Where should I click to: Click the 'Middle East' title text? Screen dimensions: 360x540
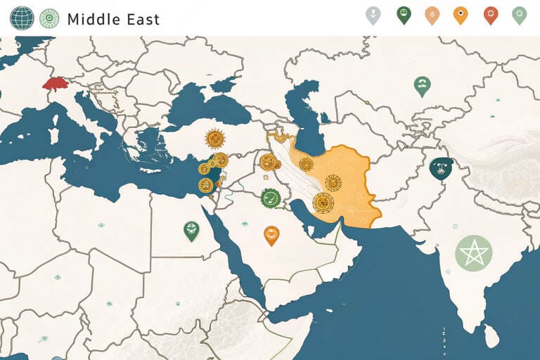tap(113, 19)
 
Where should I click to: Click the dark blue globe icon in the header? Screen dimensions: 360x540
tap(22, 18)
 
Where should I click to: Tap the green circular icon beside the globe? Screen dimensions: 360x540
tap(49, 18)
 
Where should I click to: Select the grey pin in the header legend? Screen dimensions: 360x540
tap(373, 14)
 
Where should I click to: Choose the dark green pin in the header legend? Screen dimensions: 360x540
tap(404, 14)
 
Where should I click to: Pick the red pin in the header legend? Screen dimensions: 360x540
tap(491, 14)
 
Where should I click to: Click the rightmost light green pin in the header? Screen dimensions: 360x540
tap(520, 14)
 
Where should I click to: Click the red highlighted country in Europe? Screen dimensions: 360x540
tap(53, 85)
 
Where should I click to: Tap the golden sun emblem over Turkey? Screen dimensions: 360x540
tap(214, 139)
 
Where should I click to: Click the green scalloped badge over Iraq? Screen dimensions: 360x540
tap(271, 198)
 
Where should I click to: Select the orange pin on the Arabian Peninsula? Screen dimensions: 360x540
tap(271, 234)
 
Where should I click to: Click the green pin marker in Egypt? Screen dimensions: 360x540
tap(191, 229)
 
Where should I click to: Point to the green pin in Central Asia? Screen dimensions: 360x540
tap(422, 86)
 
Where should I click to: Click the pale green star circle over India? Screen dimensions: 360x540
tap(474, 252)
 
